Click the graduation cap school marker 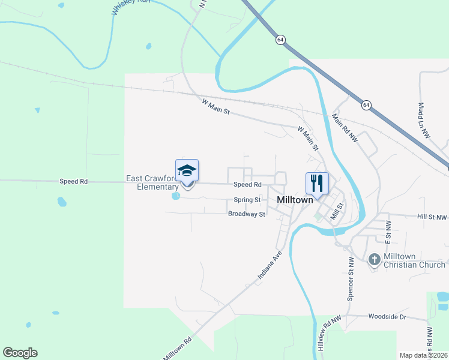pyautogui.click(x=187, y=172)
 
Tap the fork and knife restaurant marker pyautogui.click(x=316, y=182)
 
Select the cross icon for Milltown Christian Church pyautogui.click(x=374, y=259)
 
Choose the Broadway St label pyautogui.click(x=246, y=214)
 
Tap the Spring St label pyautogui.click(x=247, y=200)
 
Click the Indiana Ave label pyautogui.click(x=270, y=266)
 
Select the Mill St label pyautogui.click(x=338, y=211)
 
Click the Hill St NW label pyautogui.click(x=433, y=217)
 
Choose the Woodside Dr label pyautogui.click(x=387, y=316)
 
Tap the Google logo pyautogui.click(x=20, y=353)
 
